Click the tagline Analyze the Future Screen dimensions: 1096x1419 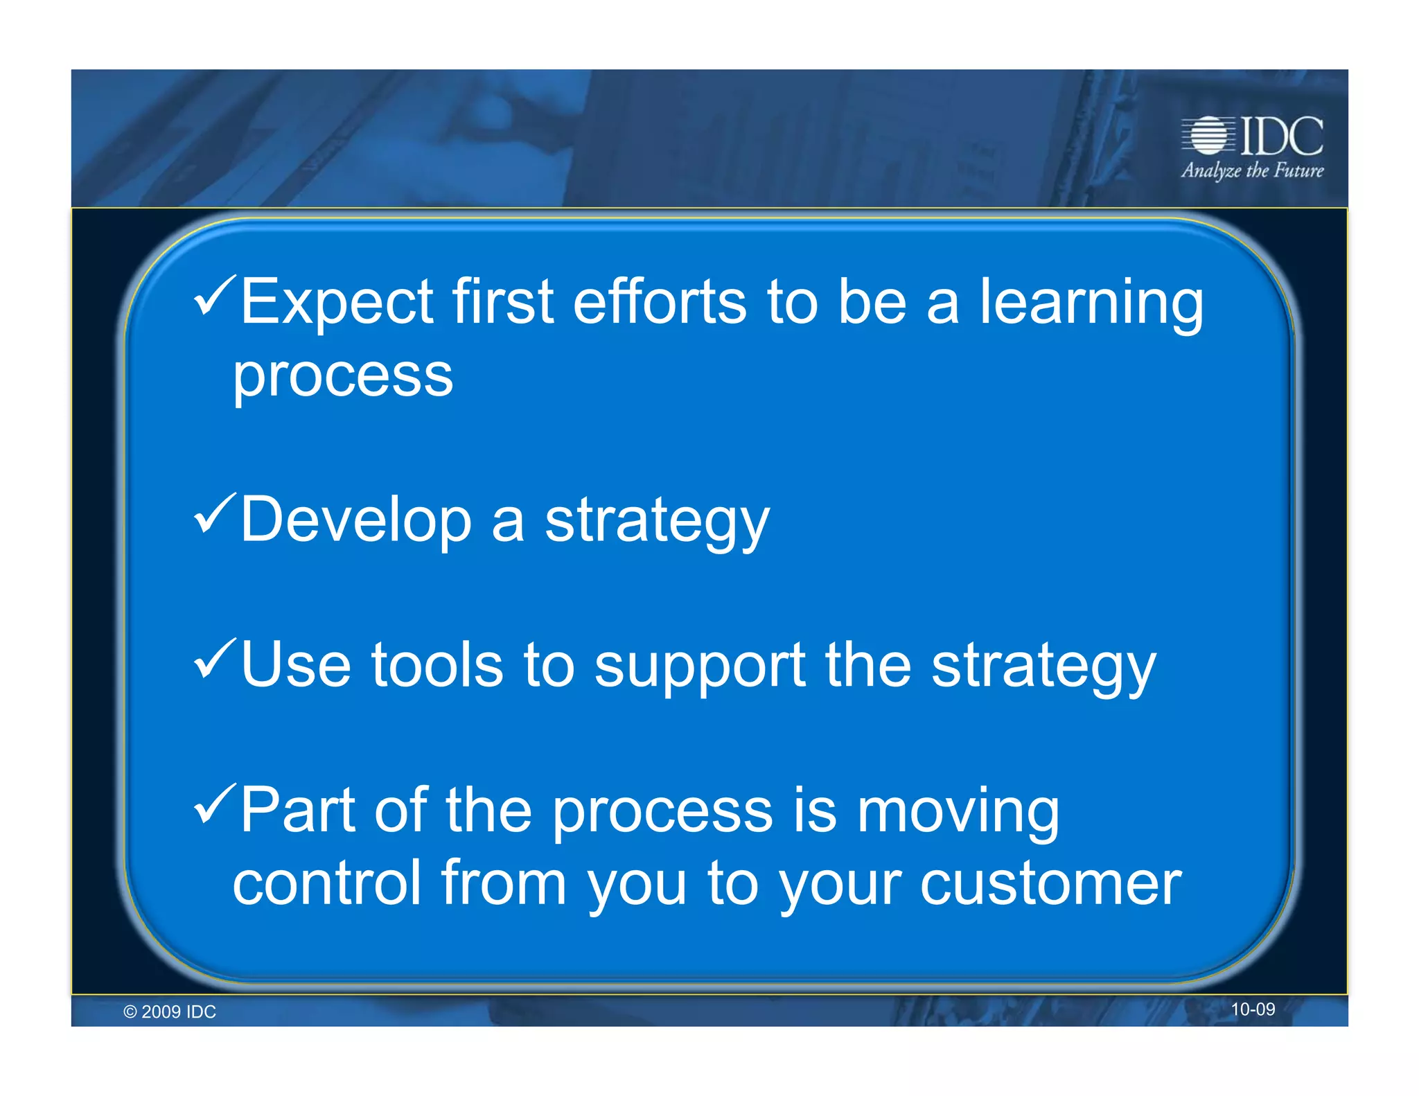tap(1252, 170)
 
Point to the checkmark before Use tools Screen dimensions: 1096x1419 tap(215, 659)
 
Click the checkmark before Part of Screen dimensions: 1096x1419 tap(215, 804)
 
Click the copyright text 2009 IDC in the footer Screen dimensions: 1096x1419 tap(170, 1012)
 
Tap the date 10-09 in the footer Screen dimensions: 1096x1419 tap(1252, 1009)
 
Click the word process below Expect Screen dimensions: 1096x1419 tap(342, 376)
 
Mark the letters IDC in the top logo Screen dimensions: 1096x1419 tap(1281, 136)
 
